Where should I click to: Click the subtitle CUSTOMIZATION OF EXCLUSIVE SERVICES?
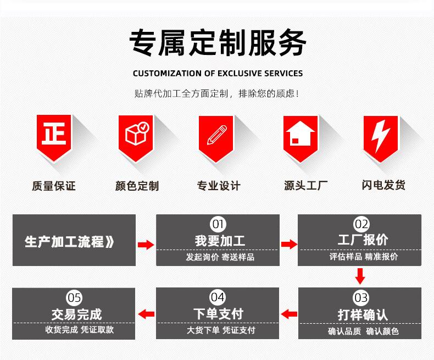[218, 73]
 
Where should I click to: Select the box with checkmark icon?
[136, 135]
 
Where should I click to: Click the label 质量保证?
[53, 186]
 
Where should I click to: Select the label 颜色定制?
[137, 186]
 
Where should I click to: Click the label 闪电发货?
[383, 185]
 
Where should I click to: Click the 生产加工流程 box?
[74, 241]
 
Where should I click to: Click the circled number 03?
[360, 298]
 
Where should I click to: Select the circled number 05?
[74, 298]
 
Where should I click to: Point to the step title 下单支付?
[218, 314]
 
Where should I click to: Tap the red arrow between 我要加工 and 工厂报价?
[288, 244]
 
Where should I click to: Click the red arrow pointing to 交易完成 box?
[146, 314]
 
